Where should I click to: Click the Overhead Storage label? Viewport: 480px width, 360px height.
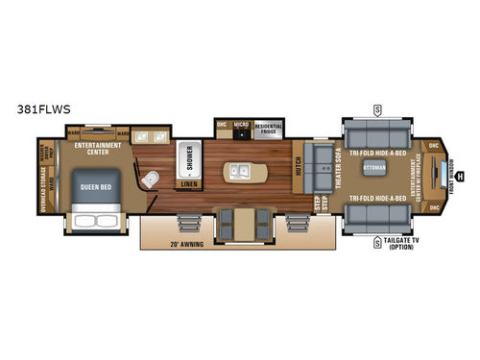[x=41, y=186]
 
